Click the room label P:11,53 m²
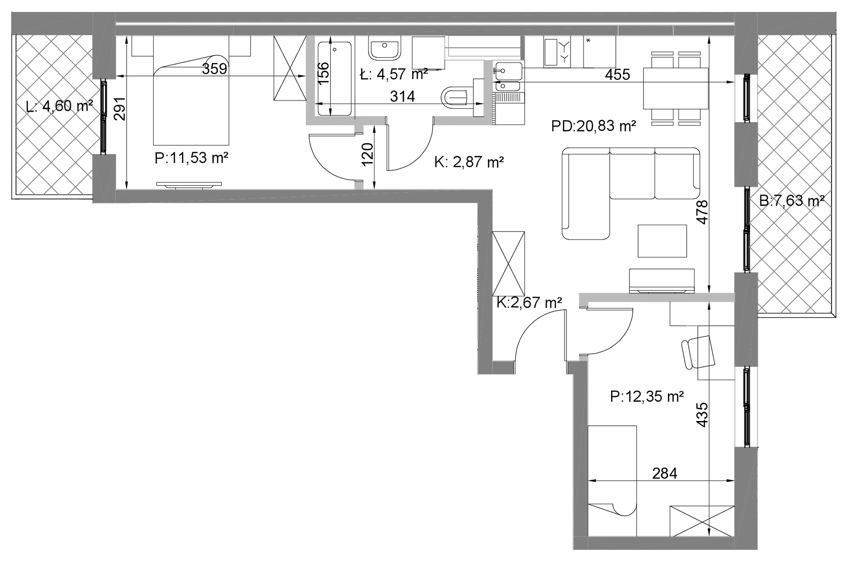click(191, 158)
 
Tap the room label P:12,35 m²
click(647, 396)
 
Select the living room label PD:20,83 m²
click(593, 126)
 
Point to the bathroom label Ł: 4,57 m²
click(394, 75)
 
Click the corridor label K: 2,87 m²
click(469, 162)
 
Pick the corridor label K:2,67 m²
click(529, 303)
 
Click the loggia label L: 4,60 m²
click(60, 106)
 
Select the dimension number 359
click(214, 69)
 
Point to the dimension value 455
click(617, 75)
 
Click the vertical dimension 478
click(703, 212)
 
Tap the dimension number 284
click(665, 473)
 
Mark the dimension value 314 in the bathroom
click(403, 97)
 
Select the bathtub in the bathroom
click(335, 78)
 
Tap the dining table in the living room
click(676, 89)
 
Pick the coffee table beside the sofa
click(662, 241)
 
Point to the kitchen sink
click(508, 76)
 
